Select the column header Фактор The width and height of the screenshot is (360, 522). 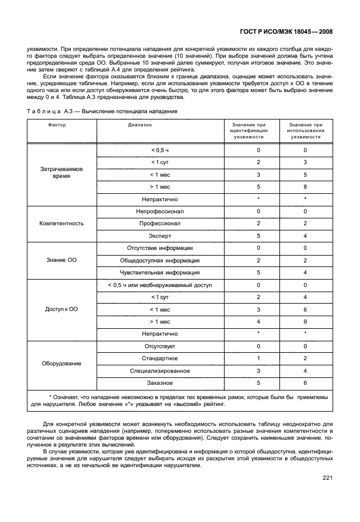tap(57, 124)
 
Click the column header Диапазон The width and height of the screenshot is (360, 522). tap(140, 124)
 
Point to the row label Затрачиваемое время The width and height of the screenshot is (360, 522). tap(62, 173)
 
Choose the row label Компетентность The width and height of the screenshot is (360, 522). tap(62, 223)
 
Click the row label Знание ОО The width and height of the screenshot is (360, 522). tap(62, 260)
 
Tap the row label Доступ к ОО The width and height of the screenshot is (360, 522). tap(62, 309)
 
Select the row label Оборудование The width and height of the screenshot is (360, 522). tap(62, 363)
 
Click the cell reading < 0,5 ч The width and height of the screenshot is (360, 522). tap(160, 150)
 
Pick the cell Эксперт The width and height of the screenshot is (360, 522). tap(160, 236)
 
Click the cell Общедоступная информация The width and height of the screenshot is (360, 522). tap(160, 260)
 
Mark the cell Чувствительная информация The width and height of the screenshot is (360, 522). tap(160, 273)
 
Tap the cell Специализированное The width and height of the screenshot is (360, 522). tap(160, 370)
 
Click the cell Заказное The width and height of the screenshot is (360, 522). tap(160, 382)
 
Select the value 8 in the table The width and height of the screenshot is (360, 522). tap(305, 186)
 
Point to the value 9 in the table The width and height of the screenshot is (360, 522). tap(305, 321)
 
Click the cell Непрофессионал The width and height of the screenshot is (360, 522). tap(160, 211)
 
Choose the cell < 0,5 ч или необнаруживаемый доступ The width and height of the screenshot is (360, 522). tap(160, 285)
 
